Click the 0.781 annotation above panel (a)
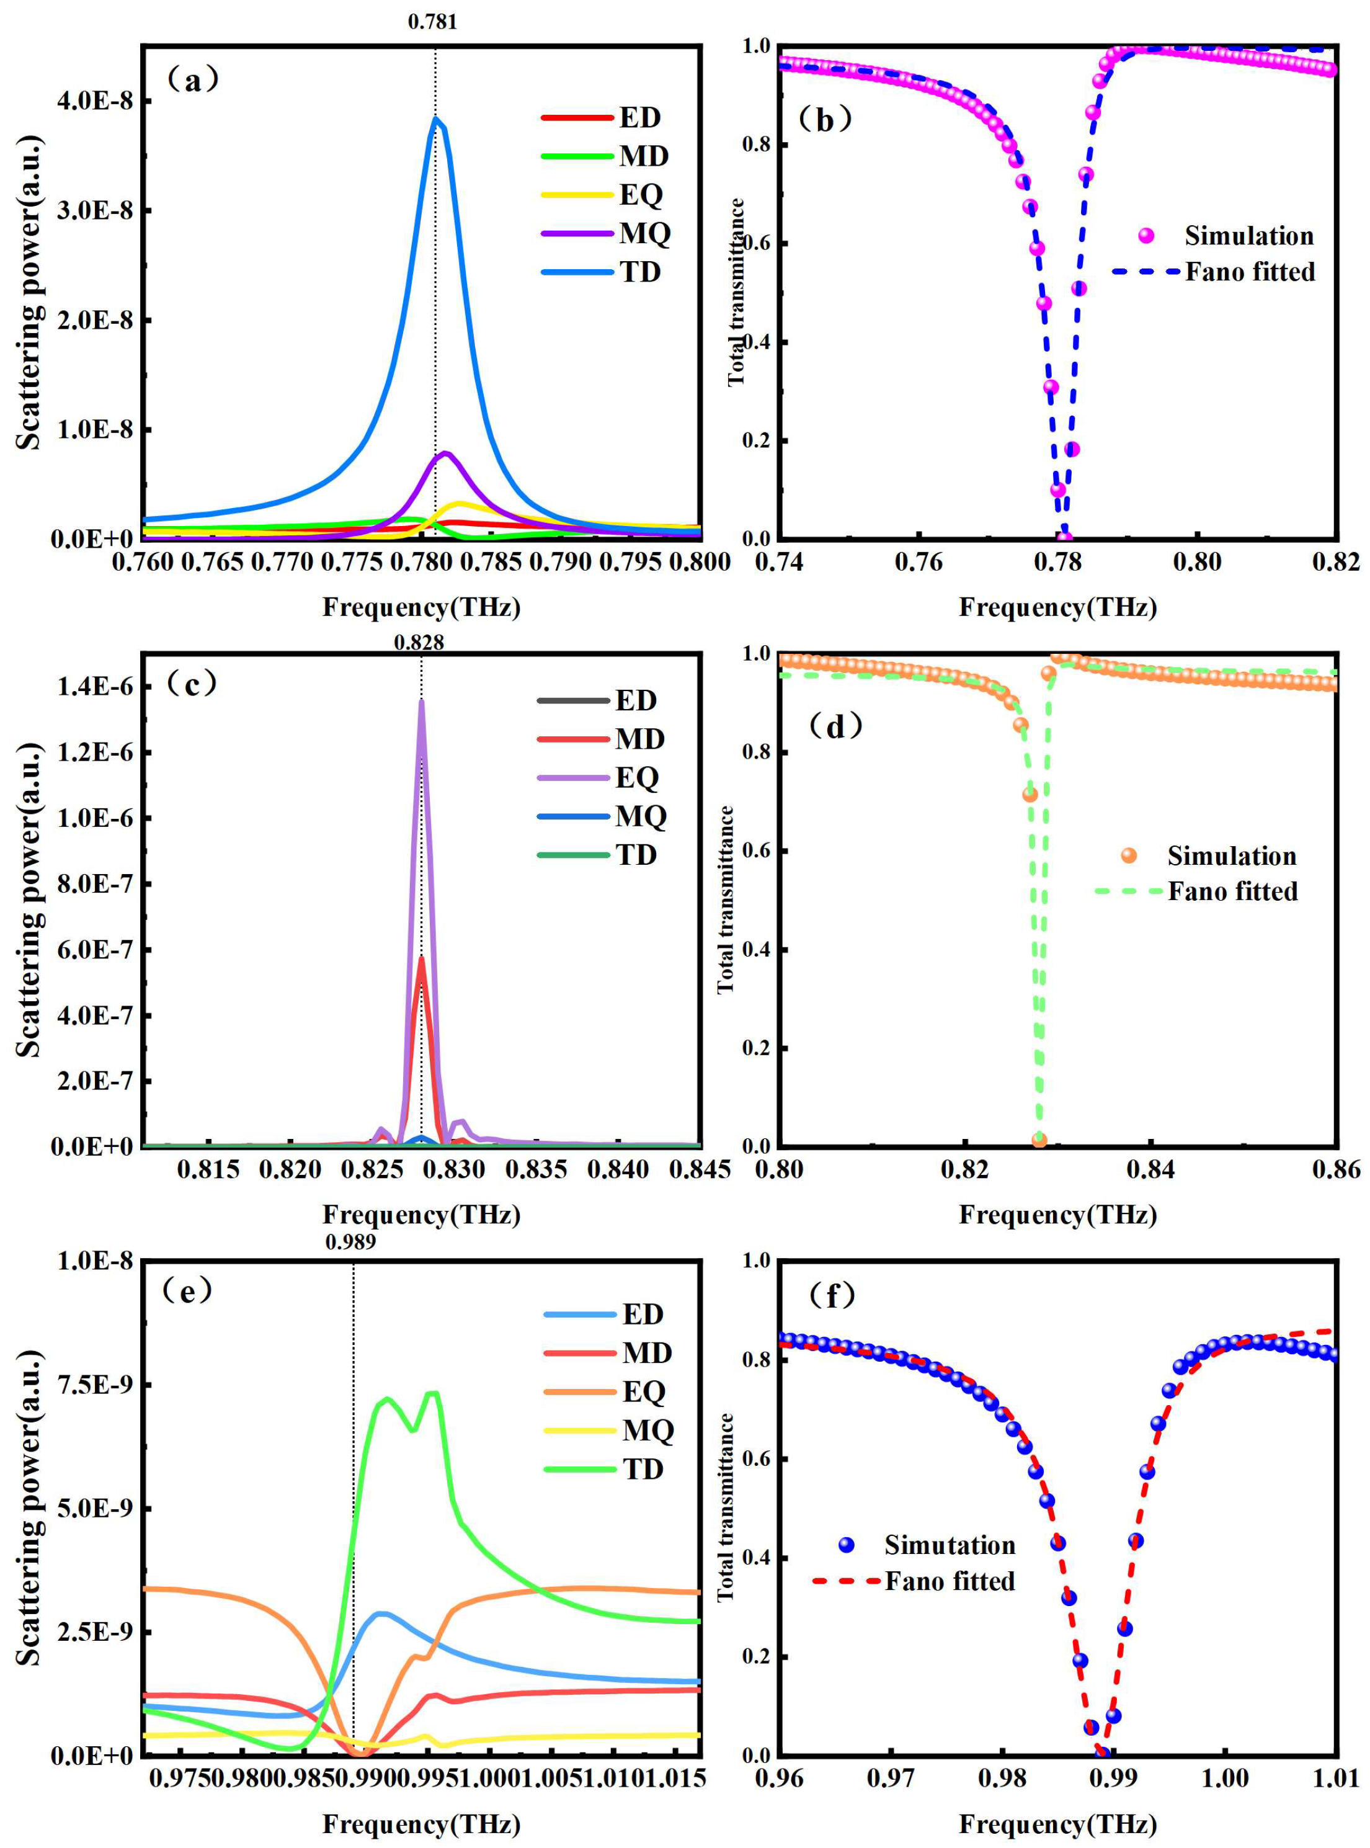click(x=432, y=22)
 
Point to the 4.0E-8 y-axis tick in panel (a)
click(x=93, y=100)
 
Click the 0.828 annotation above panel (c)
click(x=419, y=641)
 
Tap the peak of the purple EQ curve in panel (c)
click(x=421, y=701)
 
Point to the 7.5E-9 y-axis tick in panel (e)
click(x=93, y=1385)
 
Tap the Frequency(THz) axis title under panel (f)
click(x=1057, y=1823)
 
